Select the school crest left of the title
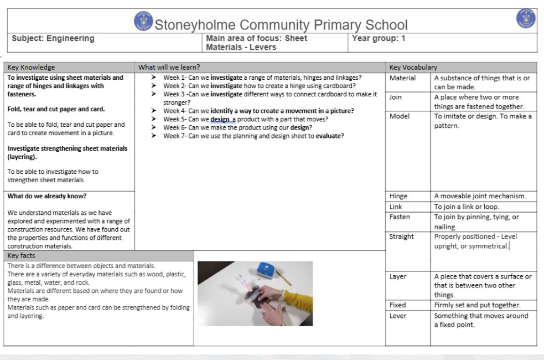143,22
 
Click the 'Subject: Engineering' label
53,39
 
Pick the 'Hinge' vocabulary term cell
398,196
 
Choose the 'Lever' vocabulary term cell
398,316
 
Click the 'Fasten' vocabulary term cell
400,217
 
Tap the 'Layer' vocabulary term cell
398,277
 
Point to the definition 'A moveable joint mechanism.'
480,196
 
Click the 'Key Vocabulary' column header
413,67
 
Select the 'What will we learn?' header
169,67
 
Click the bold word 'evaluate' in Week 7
329,136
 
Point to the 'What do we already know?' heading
47,196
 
